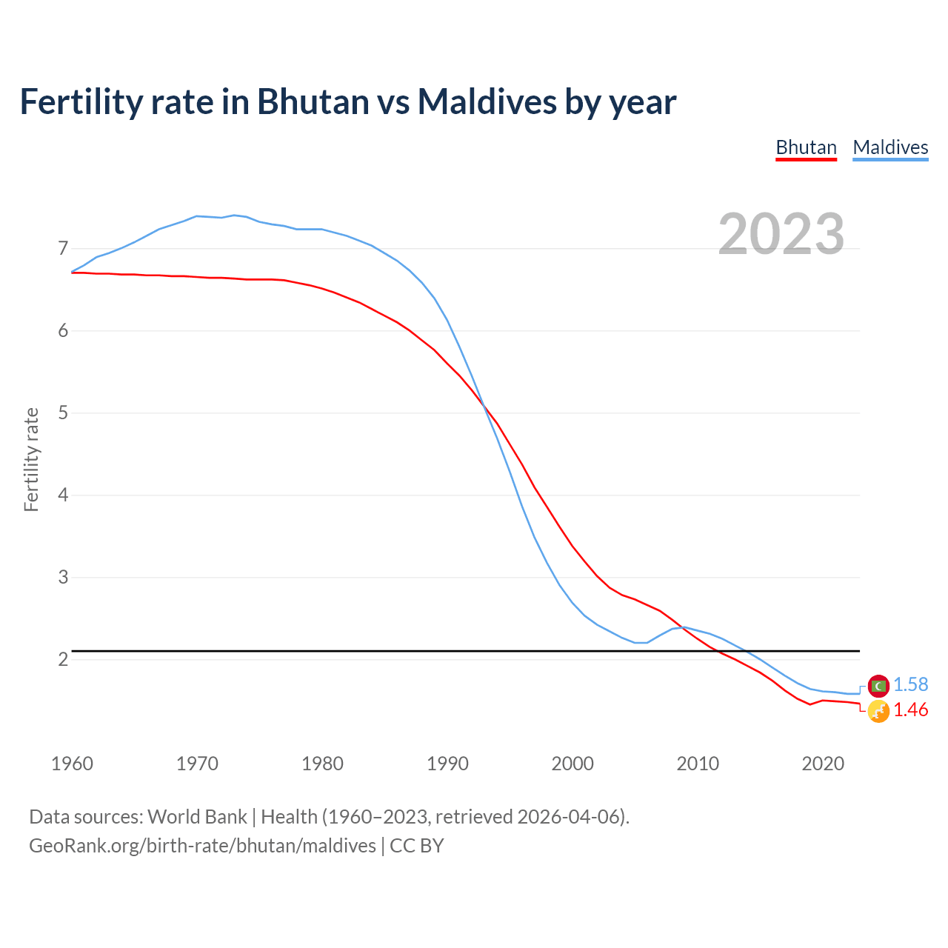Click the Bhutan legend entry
pos(806,147)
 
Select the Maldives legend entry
pos(890,147)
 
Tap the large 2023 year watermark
pos(781,234)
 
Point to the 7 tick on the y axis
pos(63,248)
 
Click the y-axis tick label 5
pos(63,413)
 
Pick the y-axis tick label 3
pos(63,577)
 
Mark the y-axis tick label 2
pos(63,659)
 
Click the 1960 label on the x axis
pos(72,764)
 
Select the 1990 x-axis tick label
pos(447,764)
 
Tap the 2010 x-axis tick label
pos(698,764)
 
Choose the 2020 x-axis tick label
pos(823,764)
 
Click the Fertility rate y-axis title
pos(31,459)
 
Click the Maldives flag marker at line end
pos(878,686)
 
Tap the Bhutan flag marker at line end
pos(878,712)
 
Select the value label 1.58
pos(910,685)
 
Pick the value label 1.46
pos(910,710)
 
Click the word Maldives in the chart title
pos(486,101)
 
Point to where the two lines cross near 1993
pos(484,404)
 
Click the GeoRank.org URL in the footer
pos(202,846)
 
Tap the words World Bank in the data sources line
pos(197,817)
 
